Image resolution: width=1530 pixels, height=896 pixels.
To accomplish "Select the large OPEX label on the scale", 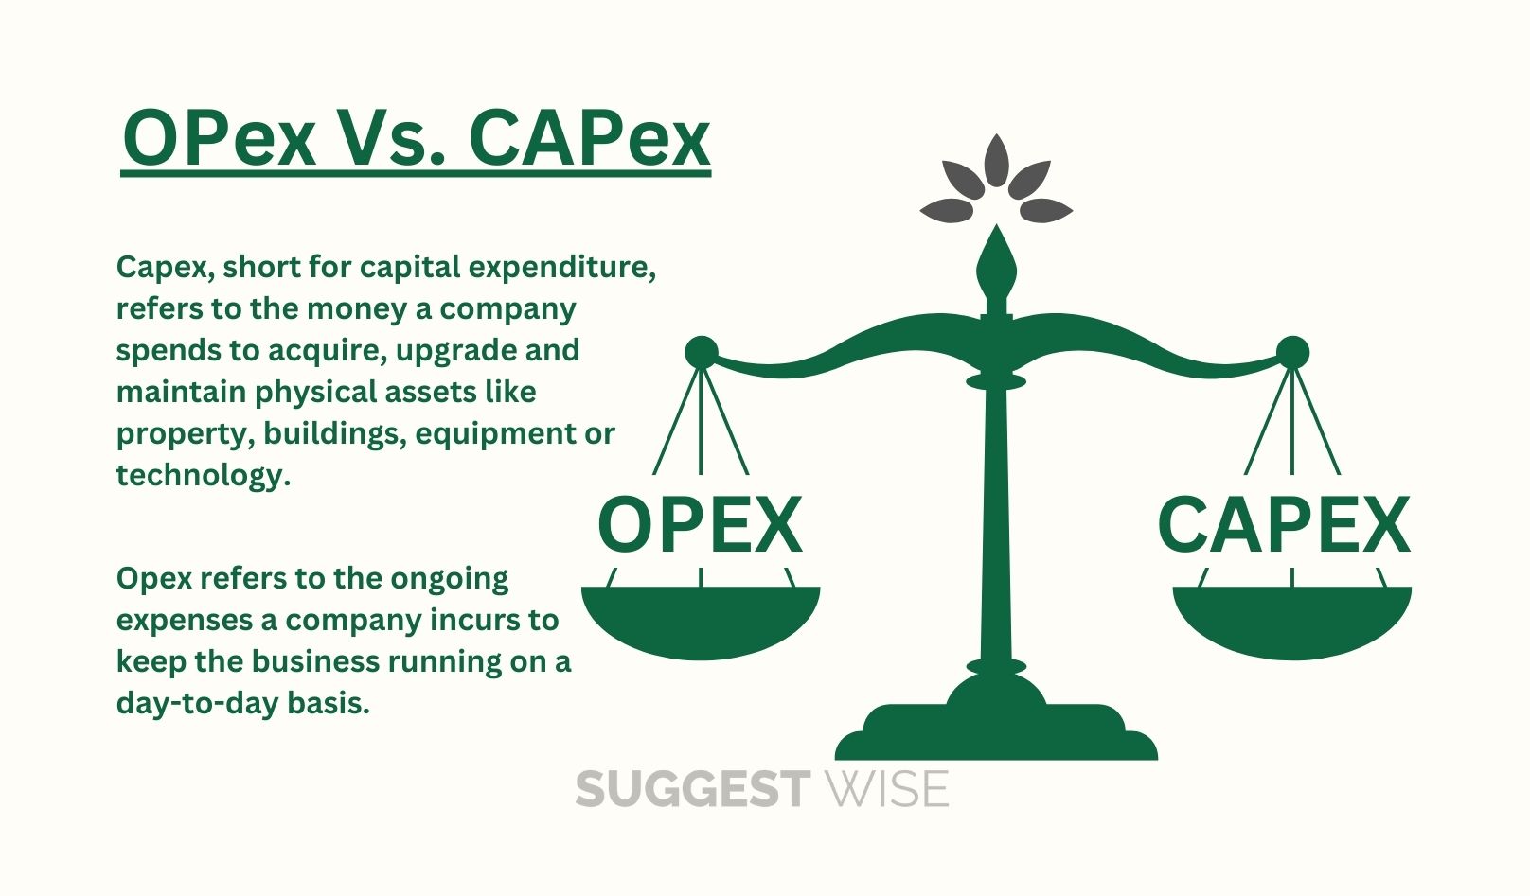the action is [700, 525].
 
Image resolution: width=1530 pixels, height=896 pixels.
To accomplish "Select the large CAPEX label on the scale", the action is [1284, 525].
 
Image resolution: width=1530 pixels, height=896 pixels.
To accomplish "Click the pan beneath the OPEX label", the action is [701, 621].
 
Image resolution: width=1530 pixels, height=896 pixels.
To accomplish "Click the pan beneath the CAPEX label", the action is [1292, 621].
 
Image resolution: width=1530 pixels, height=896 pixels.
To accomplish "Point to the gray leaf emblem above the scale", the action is [996, 180].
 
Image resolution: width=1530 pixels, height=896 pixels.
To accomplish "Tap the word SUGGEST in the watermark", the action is [693, 789].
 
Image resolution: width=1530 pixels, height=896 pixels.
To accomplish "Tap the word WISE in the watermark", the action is [887, 789].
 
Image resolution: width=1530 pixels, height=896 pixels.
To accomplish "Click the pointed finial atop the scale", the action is [997, 266].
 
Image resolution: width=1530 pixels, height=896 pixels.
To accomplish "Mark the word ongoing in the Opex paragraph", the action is [450, 579].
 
